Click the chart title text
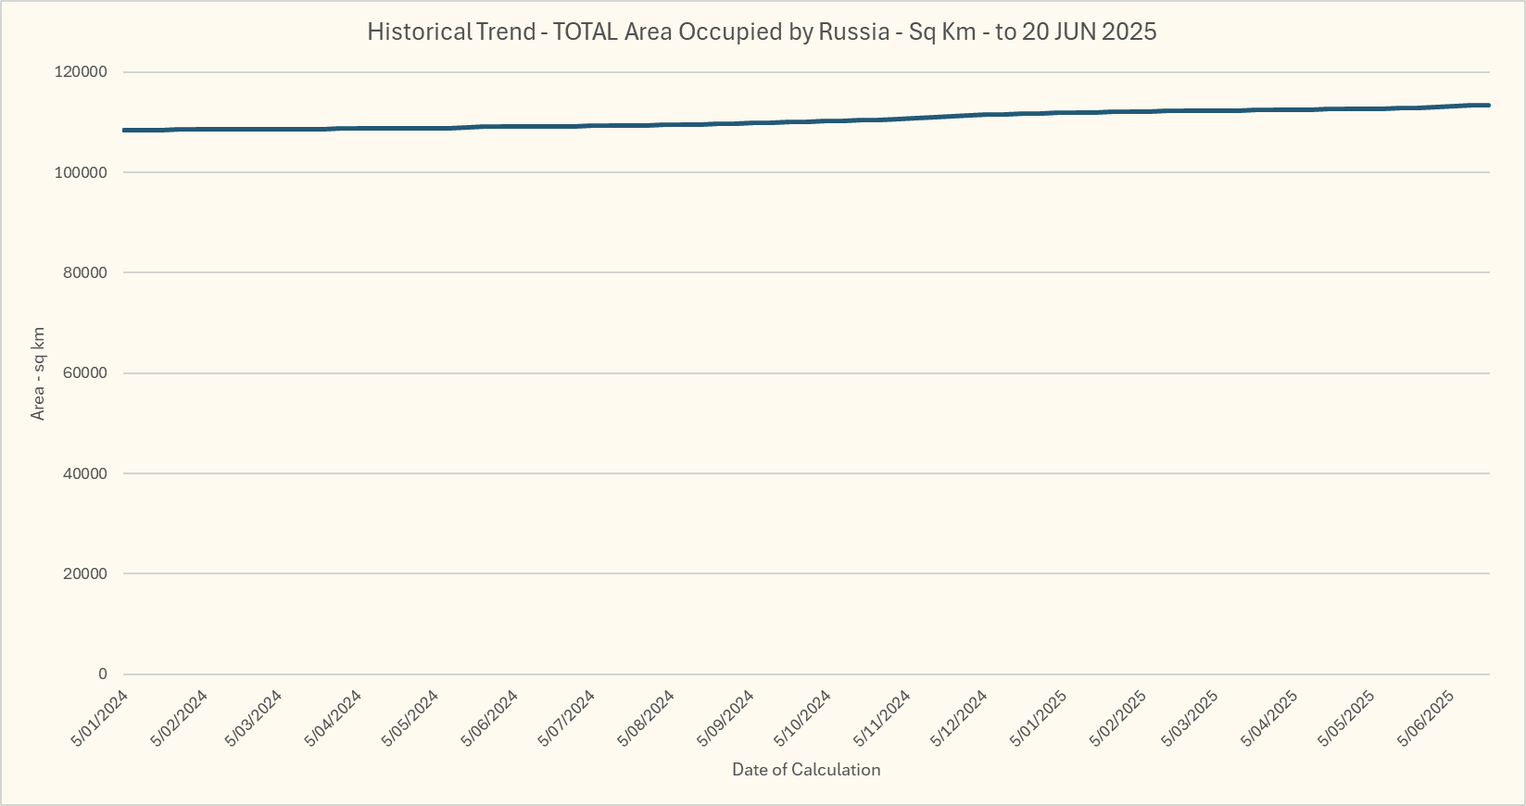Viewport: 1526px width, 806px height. click(762, 31)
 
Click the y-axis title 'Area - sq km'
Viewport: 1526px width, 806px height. click(38, 373)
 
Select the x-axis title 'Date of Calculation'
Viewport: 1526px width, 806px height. click(806, 770)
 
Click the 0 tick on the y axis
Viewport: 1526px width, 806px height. click(103, 674)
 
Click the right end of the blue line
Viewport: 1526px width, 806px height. click(1488, 106)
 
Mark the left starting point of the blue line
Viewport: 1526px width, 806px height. click(124, 131)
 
